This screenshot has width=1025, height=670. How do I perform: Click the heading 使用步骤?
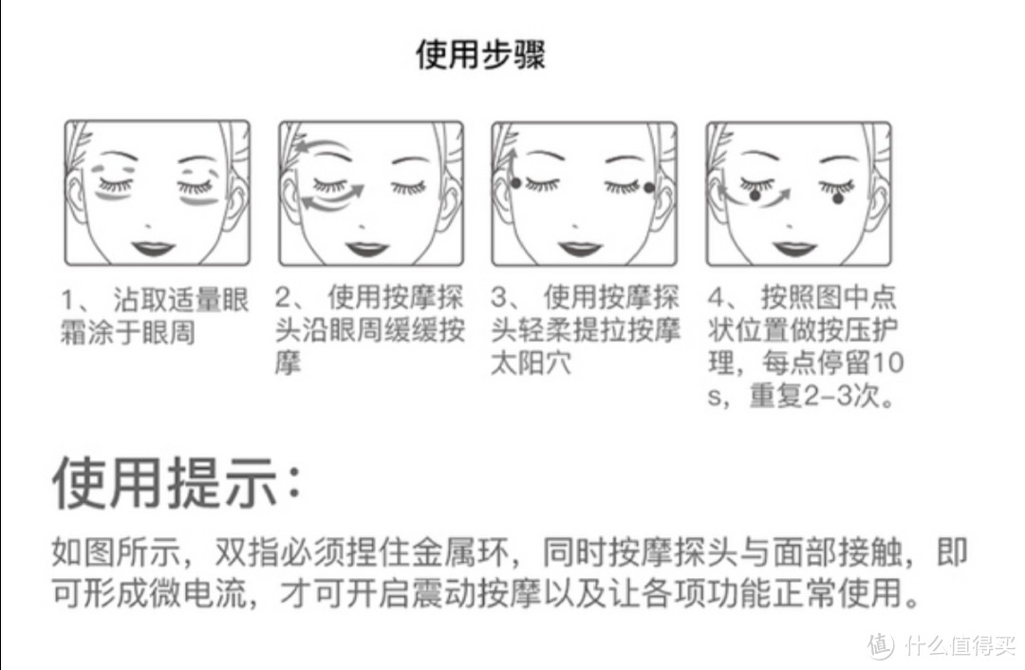480,53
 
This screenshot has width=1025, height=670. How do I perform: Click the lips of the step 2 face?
367,249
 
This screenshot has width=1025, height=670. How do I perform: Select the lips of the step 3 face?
580,249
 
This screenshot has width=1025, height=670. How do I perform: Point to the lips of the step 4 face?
794,249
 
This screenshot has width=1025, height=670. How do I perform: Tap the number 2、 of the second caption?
291,298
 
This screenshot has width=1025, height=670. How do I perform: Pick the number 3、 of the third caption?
508,298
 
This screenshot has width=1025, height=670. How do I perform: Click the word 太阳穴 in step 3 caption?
531,363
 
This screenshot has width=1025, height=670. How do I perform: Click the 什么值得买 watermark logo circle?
881,646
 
